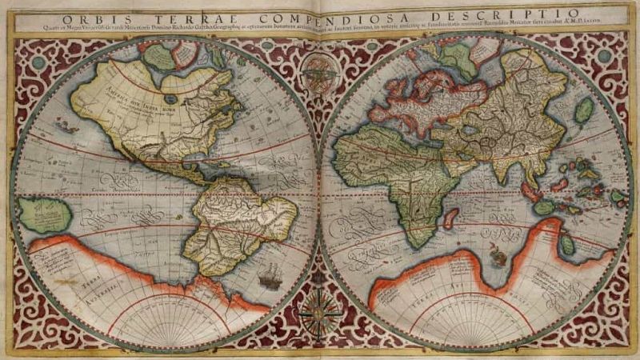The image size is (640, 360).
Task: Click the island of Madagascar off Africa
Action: click(x=450, y=218)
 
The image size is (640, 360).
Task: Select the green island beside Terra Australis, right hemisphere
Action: click(x=567, y=245)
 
